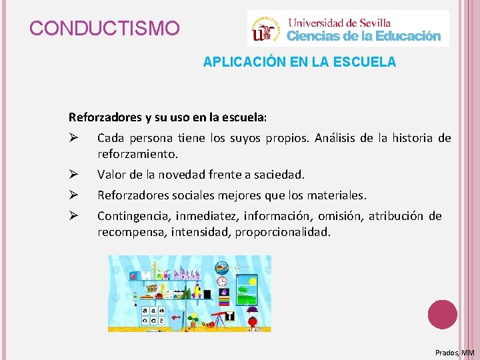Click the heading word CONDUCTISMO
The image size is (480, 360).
[105, 29]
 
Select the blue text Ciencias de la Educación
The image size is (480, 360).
[364, 36]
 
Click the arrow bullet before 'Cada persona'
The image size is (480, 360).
[74, 139]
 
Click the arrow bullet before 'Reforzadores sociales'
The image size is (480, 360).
[74, 196]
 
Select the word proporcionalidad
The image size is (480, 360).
[289, 233]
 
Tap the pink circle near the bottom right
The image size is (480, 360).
[442, 315]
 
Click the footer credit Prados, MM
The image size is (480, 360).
[454, 352]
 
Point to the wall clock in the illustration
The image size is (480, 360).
[221, 281]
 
